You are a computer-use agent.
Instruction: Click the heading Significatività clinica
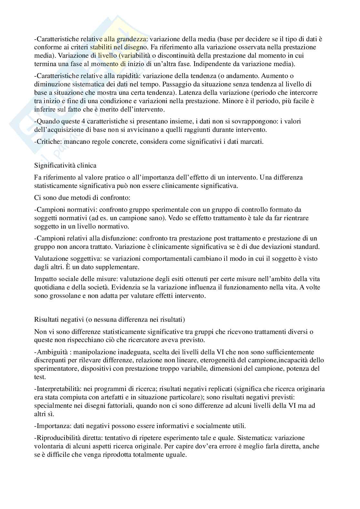point(65,166)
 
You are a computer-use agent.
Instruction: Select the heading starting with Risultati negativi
point(109,320)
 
